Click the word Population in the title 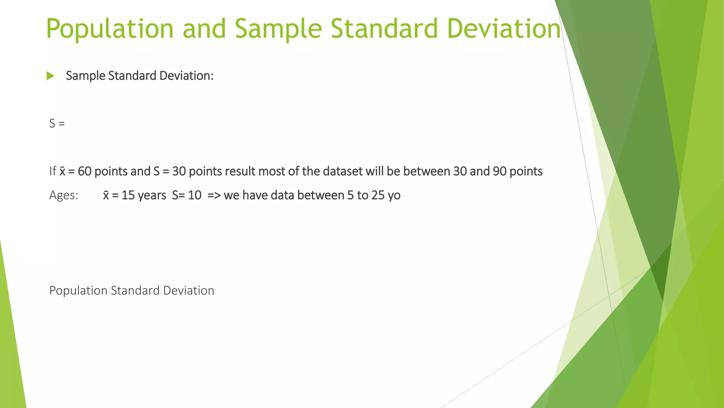pyautogui.click(x=110, y=29)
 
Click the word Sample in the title pyautogui.click(x=278, y=29)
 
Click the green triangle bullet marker pyautogui.click(x=50, y=76)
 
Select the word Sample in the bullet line pyautogui.click(x=86, y=76)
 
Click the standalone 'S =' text pyautogui.click(x=57, y=124)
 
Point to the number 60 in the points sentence pyautogui.click(x=84, y=171)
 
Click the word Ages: pyautogui.click(x=64, y=195)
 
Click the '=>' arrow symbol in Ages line pyautogui.click(x=214, y=195)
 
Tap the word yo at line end pyautogui.click(x=394, y=195)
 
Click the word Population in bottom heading pyautogui.click(x=78, y=291)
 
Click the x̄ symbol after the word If pyautogui.click(x=62, y=171)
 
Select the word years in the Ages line pyautogui.click(x=152, y=195)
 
